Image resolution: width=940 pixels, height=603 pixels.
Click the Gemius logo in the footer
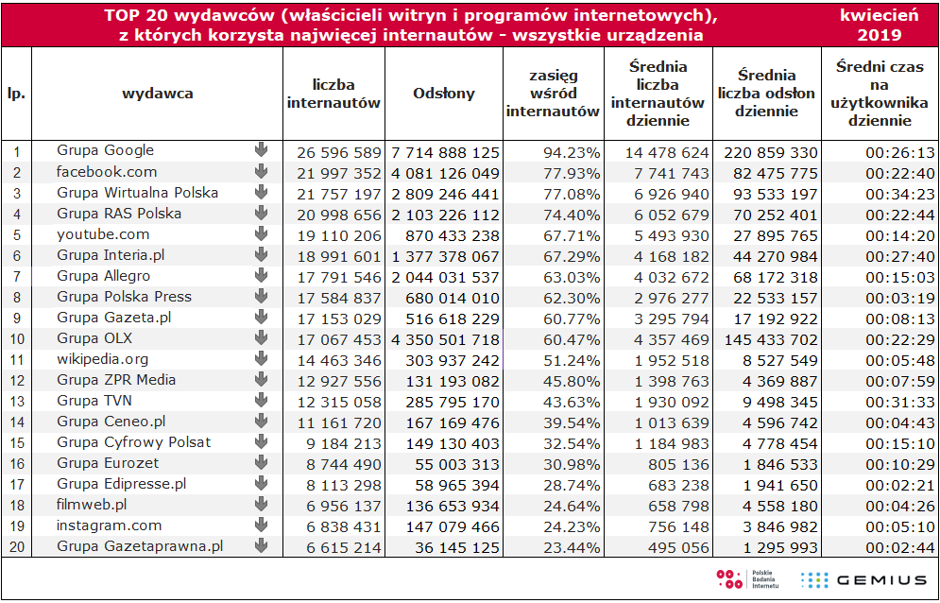[863, 579]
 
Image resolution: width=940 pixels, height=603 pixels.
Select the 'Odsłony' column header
[444, 93]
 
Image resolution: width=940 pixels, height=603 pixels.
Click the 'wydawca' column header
[158, 93]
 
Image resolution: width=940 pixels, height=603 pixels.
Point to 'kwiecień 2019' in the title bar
[879, 25]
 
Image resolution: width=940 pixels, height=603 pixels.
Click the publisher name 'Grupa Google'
[106, 150]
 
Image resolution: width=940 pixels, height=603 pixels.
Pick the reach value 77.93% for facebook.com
[572, 174]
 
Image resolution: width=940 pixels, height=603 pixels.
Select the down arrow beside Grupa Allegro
[261, 275]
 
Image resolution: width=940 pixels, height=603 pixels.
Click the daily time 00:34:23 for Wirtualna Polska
[899, 195]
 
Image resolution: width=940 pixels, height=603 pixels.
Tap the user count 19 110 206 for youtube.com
[339, 235]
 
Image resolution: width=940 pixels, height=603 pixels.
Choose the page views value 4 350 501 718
[445, 339]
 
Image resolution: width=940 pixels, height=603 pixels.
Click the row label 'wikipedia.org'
[103, 359]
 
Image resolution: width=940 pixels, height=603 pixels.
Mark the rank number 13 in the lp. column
[16, 402]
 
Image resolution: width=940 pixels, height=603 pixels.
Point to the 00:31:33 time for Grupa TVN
[899, 402]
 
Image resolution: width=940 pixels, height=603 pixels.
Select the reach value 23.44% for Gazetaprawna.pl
[572, 547]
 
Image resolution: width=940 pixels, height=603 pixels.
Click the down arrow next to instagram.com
[261, 525]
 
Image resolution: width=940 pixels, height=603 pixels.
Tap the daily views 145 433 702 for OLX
[770, 339]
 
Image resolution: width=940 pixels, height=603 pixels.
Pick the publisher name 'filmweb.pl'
[92, 505]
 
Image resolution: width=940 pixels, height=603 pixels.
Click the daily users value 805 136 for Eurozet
[678, 464]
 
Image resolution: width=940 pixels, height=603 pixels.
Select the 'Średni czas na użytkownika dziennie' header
[880, 94]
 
